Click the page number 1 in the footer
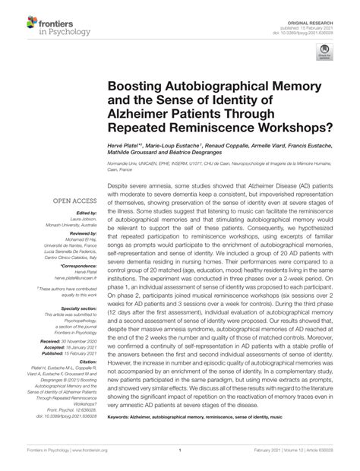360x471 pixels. tap(180, 461)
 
